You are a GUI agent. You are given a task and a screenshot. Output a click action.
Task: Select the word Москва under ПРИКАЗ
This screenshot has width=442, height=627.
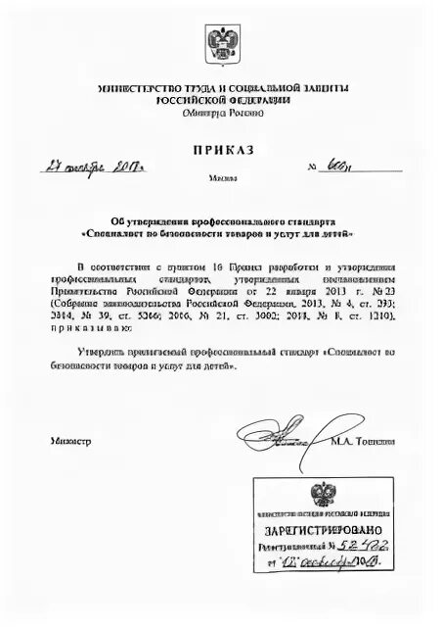tap(221, 178)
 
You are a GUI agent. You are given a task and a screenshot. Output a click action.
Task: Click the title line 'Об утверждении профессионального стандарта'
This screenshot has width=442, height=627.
tap(221, 221)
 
